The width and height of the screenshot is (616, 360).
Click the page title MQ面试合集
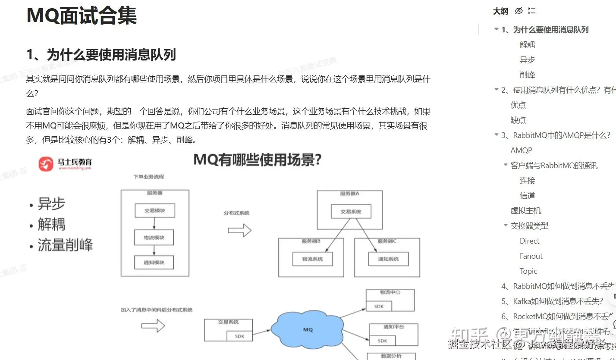[82, 16]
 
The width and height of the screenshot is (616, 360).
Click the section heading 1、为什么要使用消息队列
[101, 55]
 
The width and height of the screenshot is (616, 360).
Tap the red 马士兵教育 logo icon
[46, 164]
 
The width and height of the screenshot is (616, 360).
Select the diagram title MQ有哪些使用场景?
[258, 160]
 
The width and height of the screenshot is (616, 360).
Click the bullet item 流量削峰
[65, 245]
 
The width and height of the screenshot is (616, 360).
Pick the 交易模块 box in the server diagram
[154, 211]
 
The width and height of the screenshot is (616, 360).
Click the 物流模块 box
[154, 237]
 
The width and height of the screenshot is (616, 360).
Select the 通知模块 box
[154, 262]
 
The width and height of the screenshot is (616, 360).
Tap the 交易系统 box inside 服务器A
[351, 212]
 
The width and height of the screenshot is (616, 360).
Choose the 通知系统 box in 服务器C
[388, 259]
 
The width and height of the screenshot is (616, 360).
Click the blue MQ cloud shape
[308, 329]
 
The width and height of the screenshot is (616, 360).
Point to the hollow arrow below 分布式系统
[239, 230]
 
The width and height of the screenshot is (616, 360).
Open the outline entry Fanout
[531, 256]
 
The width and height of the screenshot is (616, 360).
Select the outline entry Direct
[529, 241]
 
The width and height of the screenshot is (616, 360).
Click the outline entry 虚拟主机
[525, 211]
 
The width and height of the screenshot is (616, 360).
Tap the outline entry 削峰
[527, 75]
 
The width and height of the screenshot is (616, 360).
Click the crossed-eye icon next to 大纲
[519, 11]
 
